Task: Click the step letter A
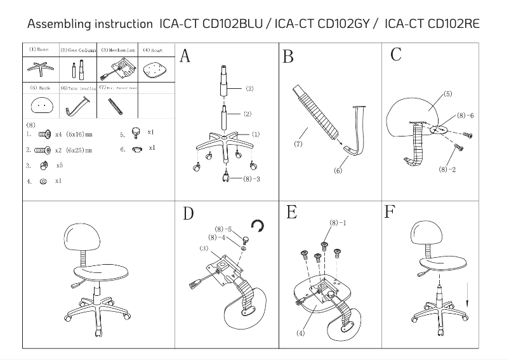coord(185,57)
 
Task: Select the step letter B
coord(288,57)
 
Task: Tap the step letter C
coord(395,55)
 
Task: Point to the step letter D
coord(188,213)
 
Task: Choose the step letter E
coord(291,212)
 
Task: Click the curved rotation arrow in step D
coord(257,225)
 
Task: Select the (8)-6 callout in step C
coord(465,116)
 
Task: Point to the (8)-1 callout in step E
coord(338,223)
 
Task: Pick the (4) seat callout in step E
coord(300,333)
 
